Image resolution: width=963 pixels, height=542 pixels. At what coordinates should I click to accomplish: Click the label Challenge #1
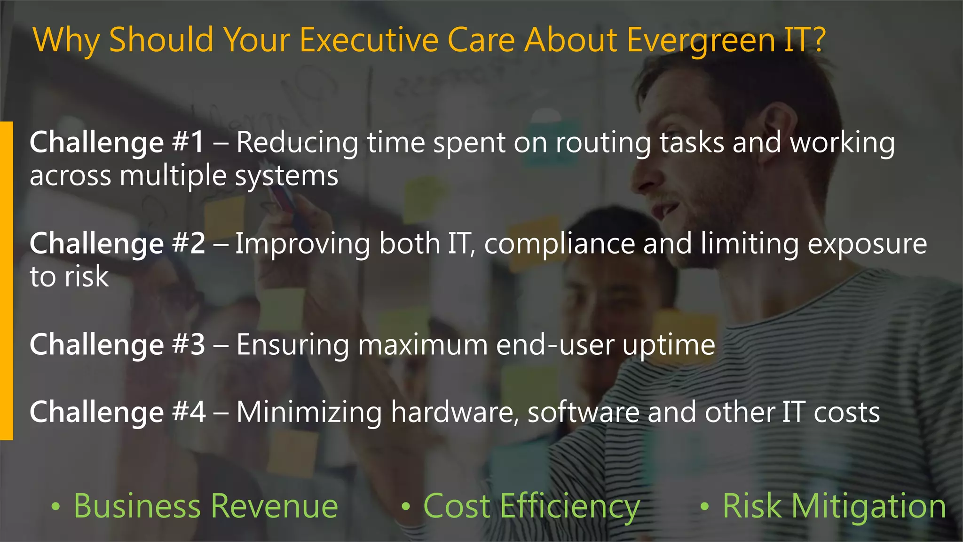pos(117,143)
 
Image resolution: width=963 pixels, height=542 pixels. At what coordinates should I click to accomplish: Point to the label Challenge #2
pos(117,244)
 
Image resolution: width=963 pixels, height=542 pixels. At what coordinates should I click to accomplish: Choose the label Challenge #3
pos(117,344)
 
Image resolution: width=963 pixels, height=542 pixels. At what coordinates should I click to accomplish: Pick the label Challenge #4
pos(117,412)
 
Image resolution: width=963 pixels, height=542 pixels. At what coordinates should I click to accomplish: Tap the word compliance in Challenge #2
pos(559,244)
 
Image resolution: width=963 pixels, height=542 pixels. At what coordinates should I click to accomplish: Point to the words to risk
pos(69,276)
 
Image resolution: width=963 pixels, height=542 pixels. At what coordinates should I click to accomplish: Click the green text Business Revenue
pos(205,506)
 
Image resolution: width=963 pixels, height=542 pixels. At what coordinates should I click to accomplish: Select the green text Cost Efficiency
pos(531,507)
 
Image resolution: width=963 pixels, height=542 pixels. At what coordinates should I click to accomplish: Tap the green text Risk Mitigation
pos(834,506)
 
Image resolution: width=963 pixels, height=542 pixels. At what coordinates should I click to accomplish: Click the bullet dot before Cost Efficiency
pos(406,507)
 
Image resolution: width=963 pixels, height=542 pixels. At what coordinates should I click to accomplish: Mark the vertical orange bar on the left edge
pos(6,280)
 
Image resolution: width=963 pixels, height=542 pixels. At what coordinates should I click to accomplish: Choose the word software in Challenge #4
pos(583,412)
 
